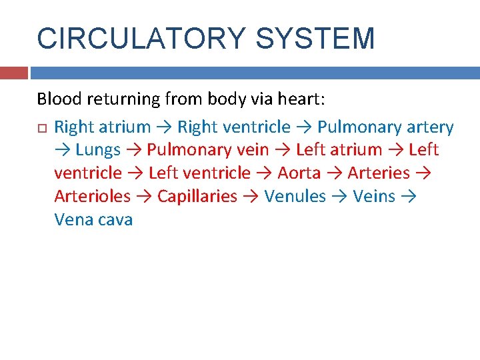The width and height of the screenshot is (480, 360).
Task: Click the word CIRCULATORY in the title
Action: (141, 38)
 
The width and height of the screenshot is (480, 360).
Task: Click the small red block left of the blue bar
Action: (14, 73)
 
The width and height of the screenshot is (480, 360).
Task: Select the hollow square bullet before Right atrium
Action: (41, 127)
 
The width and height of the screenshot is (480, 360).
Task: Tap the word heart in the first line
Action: (300, 99)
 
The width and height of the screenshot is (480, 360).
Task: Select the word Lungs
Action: (98, 150)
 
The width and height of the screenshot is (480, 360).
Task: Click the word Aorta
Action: (299, 173)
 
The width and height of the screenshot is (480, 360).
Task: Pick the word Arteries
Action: (379, 173)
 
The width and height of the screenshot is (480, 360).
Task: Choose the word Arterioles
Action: (92, 197)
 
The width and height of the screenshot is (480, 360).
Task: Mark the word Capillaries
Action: (197, 197)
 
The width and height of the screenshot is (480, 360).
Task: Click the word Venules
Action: (295, 197)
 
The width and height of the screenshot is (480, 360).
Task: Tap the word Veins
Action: (374, 197)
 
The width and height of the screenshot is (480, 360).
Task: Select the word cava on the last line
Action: (115, 220)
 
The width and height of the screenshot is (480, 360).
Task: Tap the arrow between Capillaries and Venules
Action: (251, 197)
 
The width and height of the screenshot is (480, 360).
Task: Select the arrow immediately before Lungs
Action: (63, 150)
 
